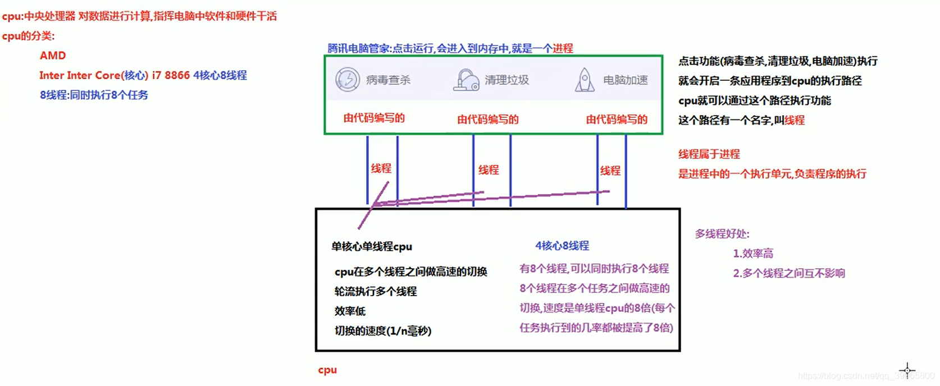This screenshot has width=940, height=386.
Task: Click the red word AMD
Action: pos(53,56)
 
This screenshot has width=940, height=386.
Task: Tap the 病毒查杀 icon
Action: pos(348,80)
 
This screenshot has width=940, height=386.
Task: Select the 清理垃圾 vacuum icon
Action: pos(466,80)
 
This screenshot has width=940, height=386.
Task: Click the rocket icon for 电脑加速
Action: pos(585,80)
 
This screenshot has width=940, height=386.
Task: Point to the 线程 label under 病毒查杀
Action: pos(381,168)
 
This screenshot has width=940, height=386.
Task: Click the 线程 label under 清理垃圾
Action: pos(489,169)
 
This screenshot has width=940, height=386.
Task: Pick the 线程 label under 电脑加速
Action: pos(610,171)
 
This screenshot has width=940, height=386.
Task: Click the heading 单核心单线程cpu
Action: pos(372,246)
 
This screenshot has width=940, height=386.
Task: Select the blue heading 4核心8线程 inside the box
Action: pos(562,246)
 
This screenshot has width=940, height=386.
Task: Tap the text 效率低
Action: pos(350,311)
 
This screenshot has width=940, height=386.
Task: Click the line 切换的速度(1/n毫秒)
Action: pos(383,331)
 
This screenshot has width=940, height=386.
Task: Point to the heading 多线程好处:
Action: pos(722,234)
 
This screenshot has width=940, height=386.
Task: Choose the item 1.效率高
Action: pos(753,254)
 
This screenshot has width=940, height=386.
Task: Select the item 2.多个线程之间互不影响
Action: pos(789,273)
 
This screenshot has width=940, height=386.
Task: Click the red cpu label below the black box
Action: pos(327,370)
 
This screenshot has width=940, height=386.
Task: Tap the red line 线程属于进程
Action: pos(709,154)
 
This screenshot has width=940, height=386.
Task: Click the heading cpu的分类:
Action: pos(29,36)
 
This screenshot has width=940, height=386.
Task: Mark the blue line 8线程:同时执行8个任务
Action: pos(94,95)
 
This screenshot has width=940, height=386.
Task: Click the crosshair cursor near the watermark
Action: pos(907,370)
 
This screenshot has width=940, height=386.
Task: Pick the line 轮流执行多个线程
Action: pos(376,291)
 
